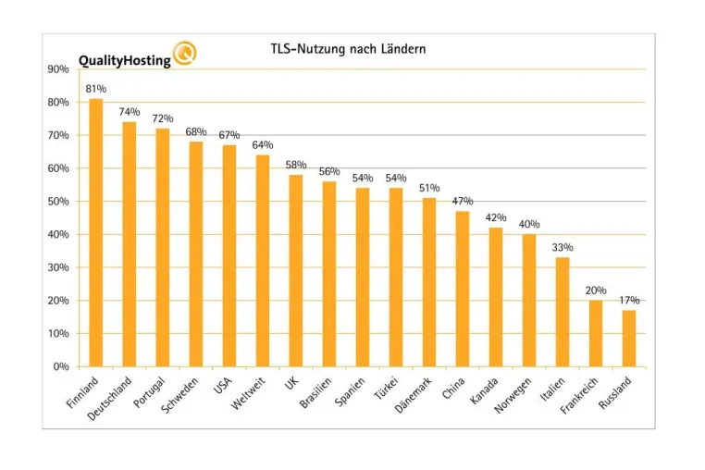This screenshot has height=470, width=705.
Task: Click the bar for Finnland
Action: point(96,232)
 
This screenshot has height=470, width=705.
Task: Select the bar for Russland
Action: point(629,339)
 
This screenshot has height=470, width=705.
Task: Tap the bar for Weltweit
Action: point(263,261)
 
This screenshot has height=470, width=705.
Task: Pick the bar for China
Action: point(463,289)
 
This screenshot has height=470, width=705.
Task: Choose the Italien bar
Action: point(563,312)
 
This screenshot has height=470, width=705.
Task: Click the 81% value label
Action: point(96,89)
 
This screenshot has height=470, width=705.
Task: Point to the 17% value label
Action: point(629,300)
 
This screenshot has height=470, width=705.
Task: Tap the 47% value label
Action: point(463,201)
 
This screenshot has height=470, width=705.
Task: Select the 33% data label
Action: point(563,247)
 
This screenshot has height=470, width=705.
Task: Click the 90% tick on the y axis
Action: point(58,69)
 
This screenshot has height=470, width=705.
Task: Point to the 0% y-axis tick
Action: point(61,366)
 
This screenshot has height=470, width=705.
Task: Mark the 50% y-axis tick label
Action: point(58,202)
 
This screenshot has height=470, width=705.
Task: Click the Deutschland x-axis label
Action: point(109,399)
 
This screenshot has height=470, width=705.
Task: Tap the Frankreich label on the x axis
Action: point(579,395)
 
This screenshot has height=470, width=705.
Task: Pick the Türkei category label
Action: point(386,389)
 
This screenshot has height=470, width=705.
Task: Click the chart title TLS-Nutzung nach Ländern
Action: point(348,49)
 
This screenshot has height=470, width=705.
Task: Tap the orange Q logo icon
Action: point(185,53)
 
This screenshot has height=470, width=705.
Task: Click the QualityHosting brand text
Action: point(125,61)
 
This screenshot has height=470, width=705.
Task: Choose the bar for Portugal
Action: point(163,247)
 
